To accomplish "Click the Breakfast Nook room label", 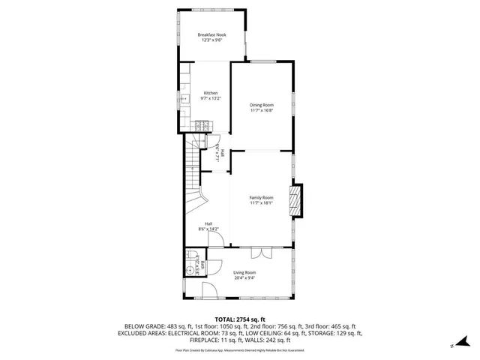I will (211, 35).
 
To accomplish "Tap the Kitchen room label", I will (210, 94).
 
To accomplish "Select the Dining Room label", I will (262, 105).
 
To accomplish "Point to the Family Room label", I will (262, 197).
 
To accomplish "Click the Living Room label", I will (244, 272).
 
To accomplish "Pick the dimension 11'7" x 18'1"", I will (262, 202).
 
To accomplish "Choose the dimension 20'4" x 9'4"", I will (244, 277).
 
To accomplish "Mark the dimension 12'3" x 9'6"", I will (211, 40).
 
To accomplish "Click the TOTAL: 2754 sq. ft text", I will (240, 319).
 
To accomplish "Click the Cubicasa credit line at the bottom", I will (240, 350).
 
